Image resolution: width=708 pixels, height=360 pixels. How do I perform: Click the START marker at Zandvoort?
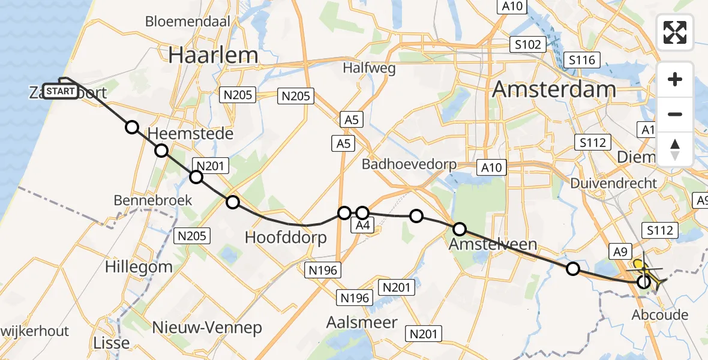click(60, 91)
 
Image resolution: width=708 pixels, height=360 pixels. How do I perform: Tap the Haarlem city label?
click(213, 55)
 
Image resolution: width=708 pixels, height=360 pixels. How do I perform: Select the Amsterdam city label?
click(553, 90)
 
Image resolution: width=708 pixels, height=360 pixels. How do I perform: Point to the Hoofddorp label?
click(286, 238)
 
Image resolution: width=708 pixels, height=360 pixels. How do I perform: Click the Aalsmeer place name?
click(362, 322)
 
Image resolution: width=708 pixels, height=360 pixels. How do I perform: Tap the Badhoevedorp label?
click(409, 164)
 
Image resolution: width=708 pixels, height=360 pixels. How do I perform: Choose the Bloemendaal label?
click(188, 22)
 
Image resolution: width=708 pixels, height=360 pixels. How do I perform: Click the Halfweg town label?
click(369, 68)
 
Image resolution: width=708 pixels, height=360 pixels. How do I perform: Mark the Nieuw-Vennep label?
click(207, 328)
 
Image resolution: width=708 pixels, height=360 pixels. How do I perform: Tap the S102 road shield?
click(527, 44)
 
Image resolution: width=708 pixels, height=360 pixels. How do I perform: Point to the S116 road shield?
click(582, 60)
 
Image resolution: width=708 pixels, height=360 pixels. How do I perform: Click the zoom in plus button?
click(675, 79)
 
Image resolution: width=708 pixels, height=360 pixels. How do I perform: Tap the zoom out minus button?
click(675, 114)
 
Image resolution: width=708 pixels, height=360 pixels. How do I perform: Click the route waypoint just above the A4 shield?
click(362, 212)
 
